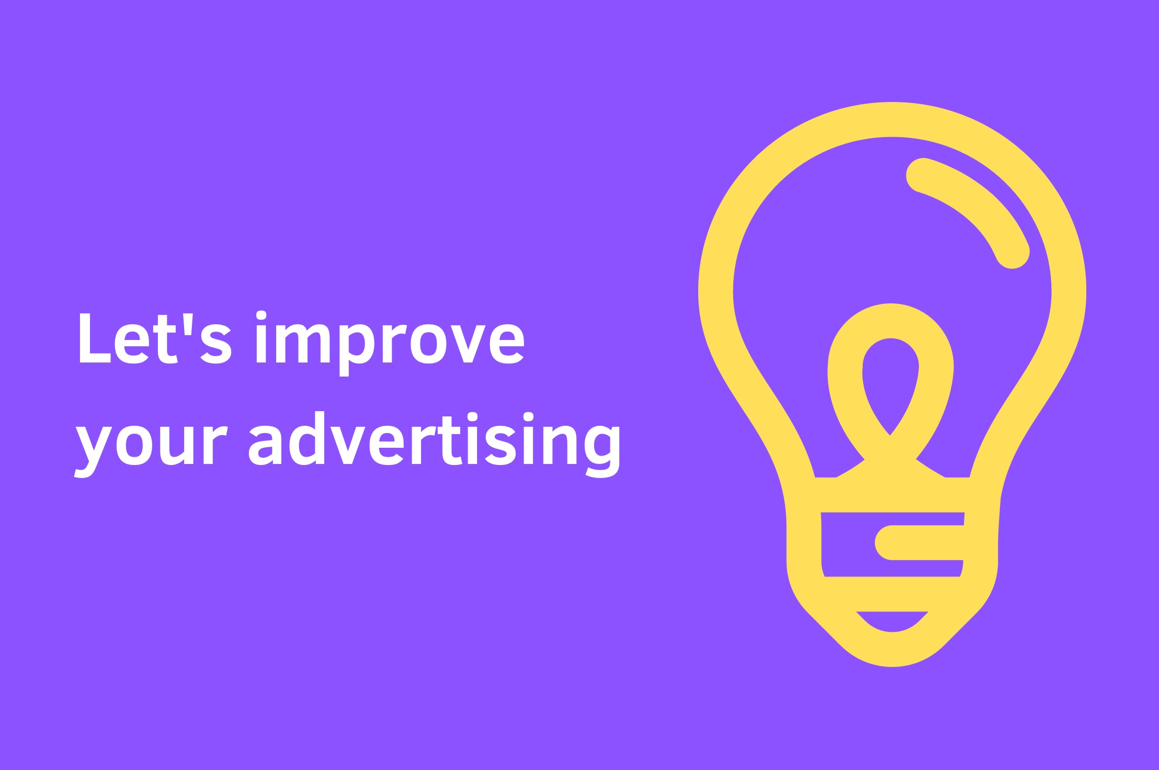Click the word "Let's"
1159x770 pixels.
(155, 338)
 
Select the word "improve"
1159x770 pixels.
(390, 343)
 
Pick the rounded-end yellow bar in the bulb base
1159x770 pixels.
(919, 542)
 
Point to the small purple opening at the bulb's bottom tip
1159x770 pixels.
(892, 620)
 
